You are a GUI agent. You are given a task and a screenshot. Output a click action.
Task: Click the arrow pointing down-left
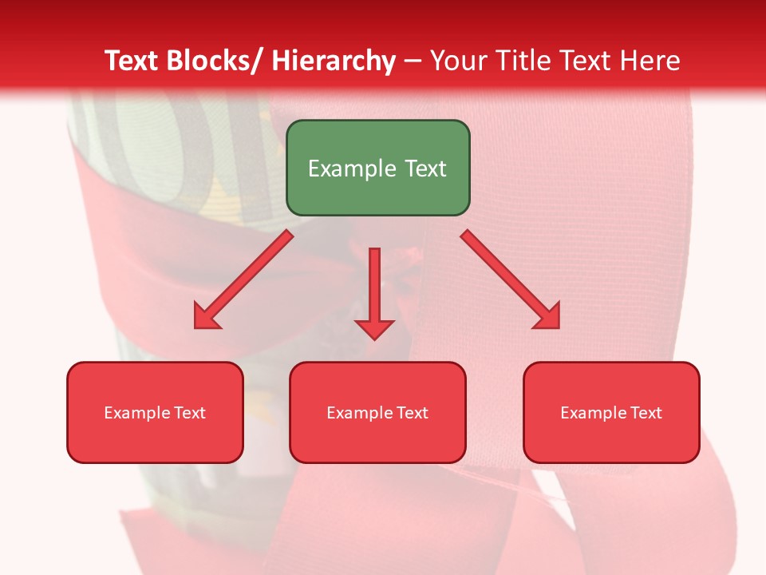pos(243,280)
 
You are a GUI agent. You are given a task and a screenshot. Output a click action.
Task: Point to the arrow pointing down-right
pos(509,279)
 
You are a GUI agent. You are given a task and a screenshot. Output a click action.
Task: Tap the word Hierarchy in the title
pos(334,61)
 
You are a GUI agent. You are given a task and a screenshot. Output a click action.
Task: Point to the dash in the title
pos(413,61)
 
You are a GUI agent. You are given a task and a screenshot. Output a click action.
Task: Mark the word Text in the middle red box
pos(413,413)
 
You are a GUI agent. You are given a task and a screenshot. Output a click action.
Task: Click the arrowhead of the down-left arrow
pos(205,317)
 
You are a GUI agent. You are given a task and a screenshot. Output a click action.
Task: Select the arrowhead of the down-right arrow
pos(548,316)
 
